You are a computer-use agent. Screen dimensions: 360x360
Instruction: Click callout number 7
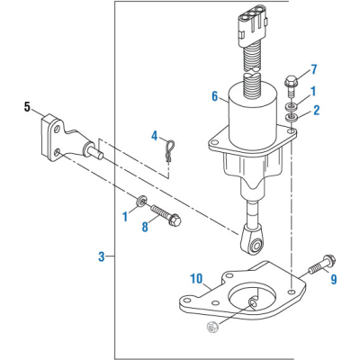click(x=314, y=69)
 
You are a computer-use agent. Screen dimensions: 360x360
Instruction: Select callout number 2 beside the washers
click(x=317, y=110)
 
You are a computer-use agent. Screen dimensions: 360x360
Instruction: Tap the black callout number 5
click(x=27, y=107)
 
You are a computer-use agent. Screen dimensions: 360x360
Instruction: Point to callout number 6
click(x=215, y=96)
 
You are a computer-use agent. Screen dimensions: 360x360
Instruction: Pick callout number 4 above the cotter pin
click(x=154, y=136)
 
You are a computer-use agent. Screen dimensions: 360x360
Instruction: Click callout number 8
click(x=145, y=227)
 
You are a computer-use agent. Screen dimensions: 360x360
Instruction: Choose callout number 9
click(x=334, y=279)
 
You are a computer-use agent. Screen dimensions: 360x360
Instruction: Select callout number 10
click(x=196, y=279)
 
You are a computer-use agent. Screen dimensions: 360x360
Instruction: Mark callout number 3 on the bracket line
click(x=102, y=256)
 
